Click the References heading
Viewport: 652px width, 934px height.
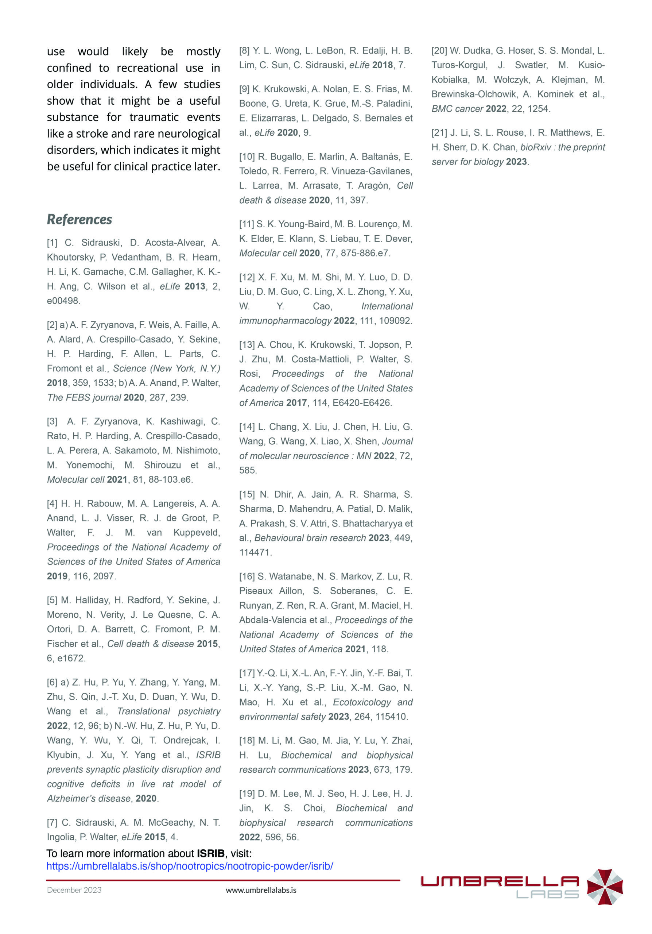(79, 219)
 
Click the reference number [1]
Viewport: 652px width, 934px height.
(52, 243)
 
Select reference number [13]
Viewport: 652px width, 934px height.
(247, 345)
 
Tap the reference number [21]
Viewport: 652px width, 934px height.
(439, 132)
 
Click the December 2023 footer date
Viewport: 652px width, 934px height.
(74, 890)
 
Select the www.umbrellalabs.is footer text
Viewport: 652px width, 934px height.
(261, 890)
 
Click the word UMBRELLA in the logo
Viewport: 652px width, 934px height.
(500, 881)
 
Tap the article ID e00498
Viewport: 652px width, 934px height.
(63, 301)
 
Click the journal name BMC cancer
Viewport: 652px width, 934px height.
(457, 109)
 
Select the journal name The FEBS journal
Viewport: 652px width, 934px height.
(84, 397)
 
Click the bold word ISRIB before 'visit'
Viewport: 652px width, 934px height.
(210, 853)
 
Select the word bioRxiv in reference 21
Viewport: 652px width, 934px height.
(535, 147)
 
